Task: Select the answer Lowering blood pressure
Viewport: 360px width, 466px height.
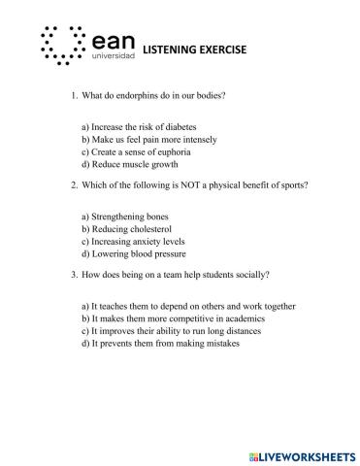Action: tap(130, 253)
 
